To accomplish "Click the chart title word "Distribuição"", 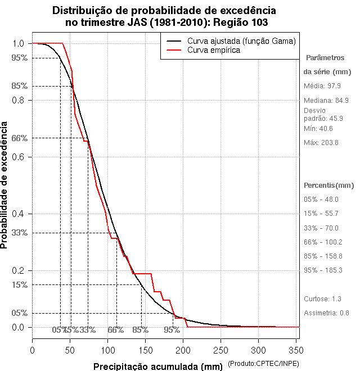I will [83, 11].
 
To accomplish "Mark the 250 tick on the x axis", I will [220, 349].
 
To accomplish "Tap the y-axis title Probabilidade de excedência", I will [5, 185].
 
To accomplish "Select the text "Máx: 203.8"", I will [321, 143].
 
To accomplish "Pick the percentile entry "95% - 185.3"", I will [323, 270].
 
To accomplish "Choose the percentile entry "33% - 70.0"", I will [321, 228].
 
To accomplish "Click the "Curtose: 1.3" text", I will [322, 298].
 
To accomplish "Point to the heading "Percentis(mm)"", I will [329, 185].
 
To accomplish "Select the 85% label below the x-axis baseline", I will [140, 330].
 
